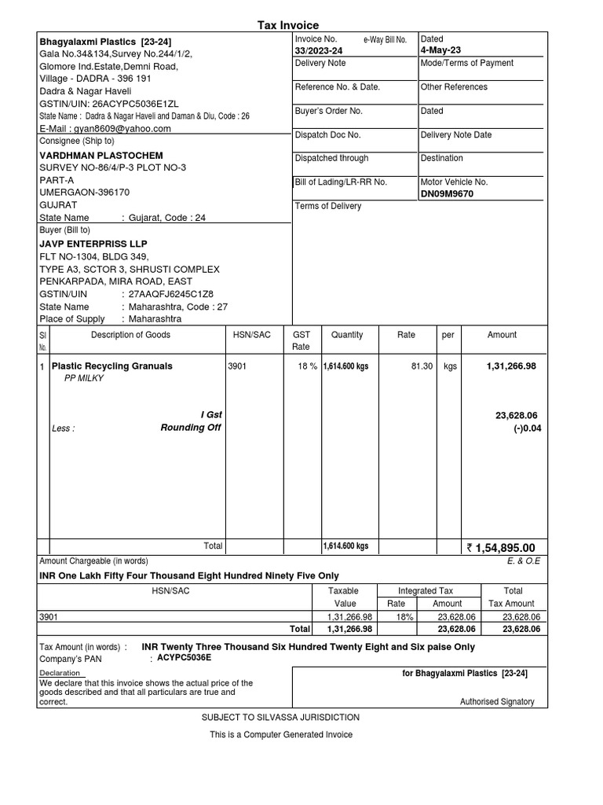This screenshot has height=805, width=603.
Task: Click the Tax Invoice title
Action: pos(289,25)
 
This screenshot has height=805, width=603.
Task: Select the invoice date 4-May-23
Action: pos(440,50)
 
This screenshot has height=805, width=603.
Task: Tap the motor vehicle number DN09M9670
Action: pos(447,193)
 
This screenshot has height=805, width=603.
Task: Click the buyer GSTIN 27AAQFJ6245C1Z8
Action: pos(170,294)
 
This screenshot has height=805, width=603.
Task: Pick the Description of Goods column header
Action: pos(130,335)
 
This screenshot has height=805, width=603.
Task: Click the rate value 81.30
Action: pos(421,366)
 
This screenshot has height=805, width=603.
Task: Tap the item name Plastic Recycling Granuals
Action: pos(111,366)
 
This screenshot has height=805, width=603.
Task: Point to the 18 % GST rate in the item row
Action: pos(307,366)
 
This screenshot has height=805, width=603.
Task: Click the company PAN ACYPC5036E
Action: pos(185,658)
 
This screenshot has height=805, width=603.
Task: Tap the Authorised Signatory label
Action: pos(497,702)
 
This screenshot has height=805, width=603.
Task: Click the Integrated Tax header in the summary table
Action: pos(426,590)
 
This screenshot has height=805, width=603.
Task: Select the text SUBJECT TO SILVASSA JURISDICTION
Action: pos(280,718)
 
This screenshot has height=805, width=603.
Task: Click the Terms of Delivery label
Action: pos(328,206)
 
